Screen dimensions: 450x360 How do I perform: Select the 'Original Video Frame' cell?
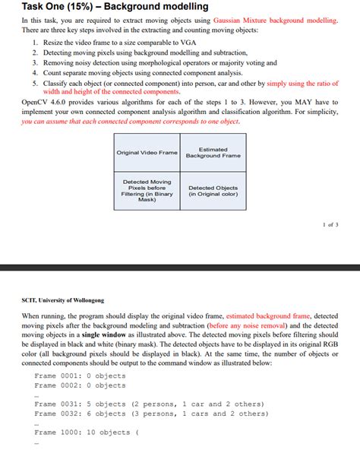click(147, 153)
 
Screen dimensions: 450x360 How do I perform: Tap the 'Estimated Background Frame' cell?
click(213, 153)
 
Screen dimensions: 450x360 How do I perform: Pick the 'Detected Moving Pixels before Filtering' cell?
click(147, 191)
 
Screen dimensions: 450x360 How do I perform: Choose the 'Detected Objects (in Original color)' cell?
click(213, 191)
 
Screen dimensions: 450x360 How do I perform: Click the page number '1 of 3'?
click(330, 226)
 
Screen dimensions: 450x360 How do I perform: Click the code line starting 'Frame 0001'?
click(80, 376)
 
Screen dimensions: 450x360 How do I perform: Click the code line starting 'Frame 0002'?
click(80, 385)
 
